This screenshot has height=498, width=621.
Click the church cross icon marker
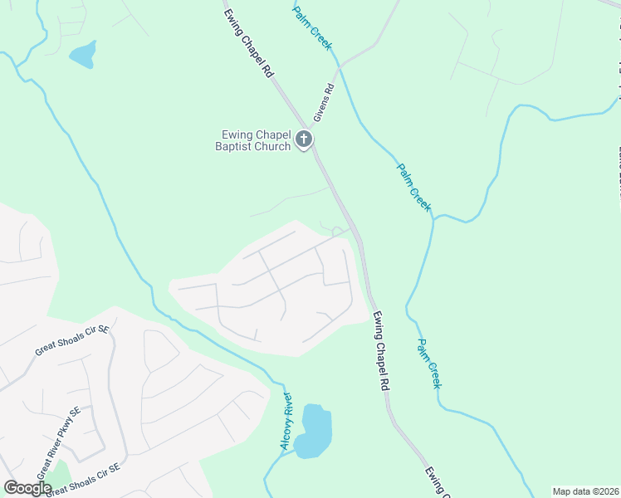pyautogui.click(x=304, y=139)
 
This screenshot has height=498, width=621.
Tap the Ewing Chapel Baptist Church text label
pyautogui.click(x=257, y=141)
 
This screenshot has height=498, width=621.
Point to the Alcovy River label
pyautogui.click(x=287, y=421)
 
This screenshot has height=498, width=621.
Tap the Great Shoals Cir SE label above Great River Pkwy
pyautogui.click(x=72, y=340)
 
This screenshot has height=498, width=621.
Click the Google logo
pyautogui.click(x=28, y=488)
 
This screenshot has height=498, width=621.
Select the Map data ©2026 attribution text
pyautogui.click(x=586, y=491)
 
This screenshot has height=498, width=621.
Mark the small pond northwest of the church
pyautogui.click(x=83, y=56)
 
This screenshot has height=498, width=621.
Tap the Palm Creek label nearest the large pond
pyautogui.click(x=429, y=364)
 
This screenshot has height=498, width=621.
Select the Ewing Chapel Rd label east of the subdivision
pyautogui.click(x=381, y=350)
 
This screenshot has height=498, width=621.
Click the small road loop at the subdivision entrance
pyautogui.click(x=338, y=231)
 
